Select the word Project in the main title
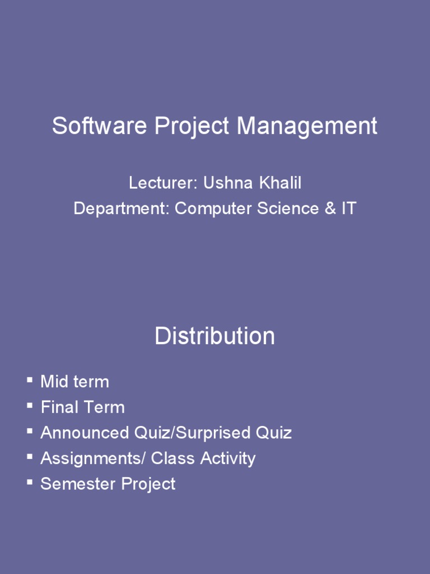193,127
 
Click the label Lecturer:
163,183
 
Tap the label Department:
121,209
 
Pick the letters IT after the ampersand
348,209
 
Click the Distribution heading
215,336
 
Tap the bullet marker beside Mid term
29,381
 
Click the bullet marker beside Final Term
29,406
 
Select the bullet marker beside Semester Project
29,482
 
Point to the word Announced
85,433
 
